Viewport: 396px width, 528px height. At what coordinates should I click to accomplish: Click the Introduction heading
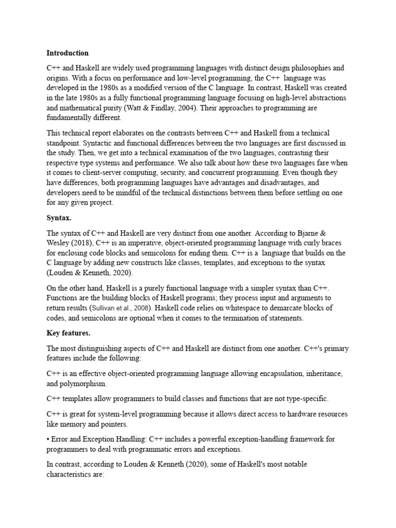(67, 53)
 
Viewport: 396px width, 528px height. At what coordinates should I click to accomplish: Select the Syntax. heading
(59, 218)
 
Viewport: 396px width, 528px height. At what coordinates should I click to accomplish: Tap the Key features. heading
(69, 334)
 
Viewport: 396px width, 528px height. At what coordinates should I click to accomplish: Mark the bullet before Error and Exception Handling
(48, 439)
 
